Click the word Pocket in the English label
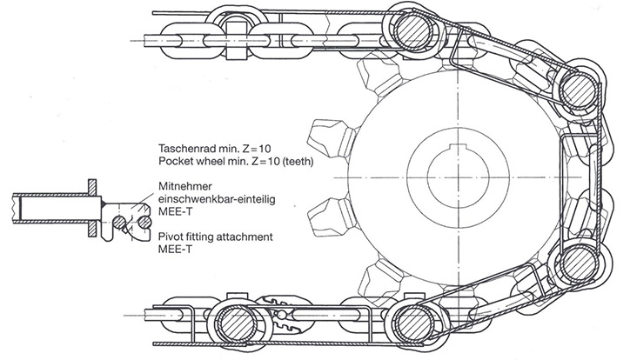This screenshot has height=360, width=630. coord(173,162)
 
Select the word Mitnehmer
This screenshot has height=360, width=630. coord(184,186)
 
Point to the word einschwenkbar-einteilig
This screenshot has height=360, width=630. coord(217,199)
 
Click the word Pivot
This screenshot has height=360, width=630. coord(170,237)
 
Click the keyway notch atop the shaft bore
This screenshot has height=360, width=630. coord(459,147)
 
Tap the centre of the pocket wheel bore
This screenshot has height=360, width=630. coord(459,177)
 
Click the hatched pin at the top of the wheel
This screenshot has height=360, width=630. coord(414,30)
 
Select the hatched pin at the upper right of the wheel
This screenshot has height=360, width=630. coord(579,90)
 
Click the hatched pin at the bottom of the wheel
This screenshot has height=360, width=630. coord(414,324)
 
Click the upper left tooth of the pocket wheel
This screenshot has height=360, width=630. coord(332,137)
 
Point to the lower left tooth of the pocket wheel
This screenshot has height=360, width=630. coord(332,217)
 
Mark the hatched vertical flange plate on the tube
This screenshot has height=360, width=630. coord(92,209)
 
